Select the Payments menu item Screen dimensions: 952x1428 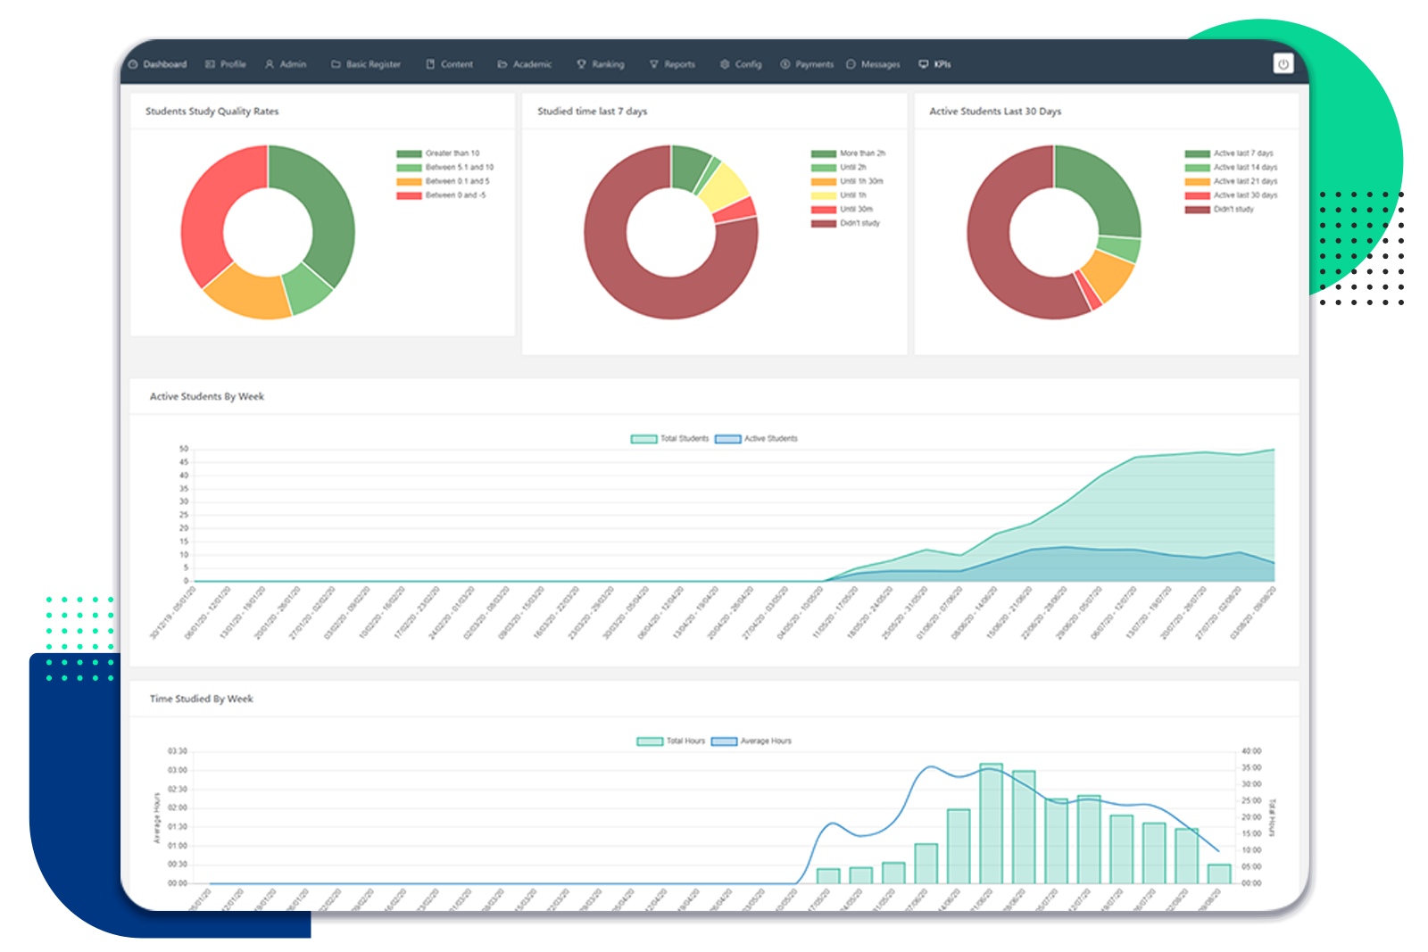807,64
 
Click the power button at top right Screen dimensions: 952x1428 1283,63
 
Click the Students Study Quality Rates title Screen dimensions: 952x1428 212,112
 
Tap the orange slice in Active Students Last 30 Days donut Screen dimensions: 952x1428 1108,275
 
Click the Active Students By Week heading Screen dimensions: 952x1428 207,396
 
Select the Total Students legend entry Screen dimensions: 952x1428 670,439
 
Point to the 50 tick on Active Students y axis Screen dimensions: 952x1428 184,449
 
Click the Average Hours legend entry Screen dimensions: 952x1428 751,741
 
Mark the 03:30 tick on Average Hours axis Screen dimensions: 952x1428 178,751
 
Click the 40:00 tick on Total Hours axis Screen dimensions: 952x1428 1251,751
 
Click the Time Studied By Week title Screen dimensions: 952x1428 202,699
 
